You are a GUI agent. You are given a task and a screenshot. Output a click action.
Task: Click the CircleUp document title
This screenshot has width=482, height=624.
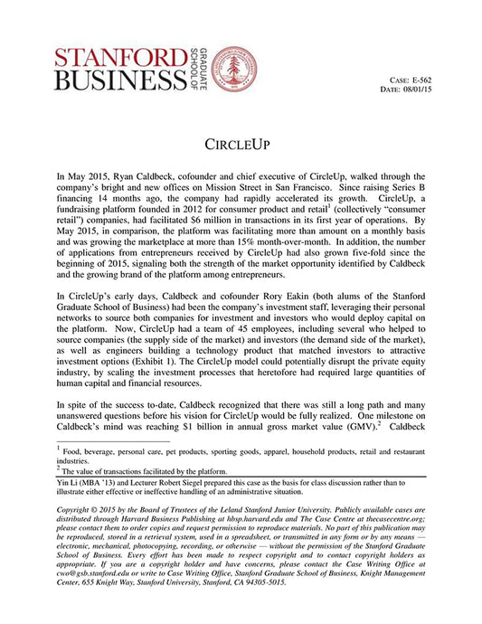click(240, 145)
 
